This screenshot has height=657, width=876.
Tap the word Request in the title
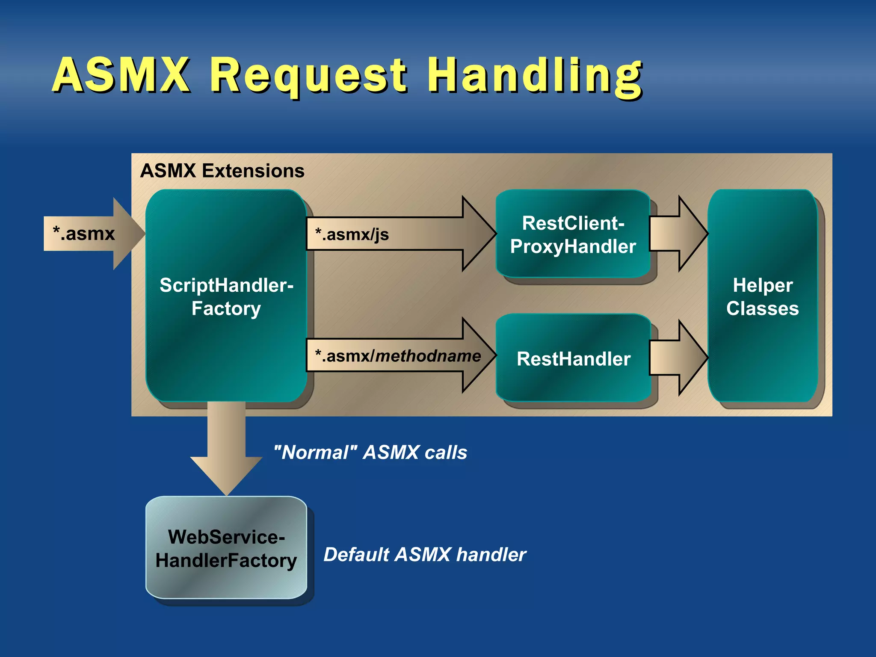[308, 76]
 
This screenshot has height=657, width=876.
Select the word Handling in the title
[535, 76]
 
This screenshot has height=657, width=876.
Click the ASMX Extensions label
[222, 171]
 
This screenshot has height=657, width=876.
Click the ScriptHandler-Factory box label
[226, 296]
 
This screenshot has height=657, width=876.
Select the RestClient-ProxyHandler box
[573, 234]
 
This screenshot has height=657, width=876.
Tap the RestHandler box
[573, 358]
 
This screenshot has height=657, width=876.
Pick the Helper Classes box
[763, 296]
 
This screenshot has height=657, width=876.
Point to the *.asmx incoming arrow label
[84, 234]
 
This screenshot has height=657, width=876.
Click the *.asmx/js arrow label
[352, 234]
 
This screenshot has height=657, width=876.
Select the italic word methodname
[428, 356]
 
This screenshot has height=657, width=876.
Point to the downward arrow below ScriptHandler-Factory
[226, 449]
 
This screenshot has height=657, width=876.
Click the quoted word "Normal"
[315, 453]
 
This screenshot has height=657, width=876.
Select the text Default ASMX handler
[424, 554]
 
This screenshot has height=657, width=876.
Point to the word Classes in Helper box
[763, 308]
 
